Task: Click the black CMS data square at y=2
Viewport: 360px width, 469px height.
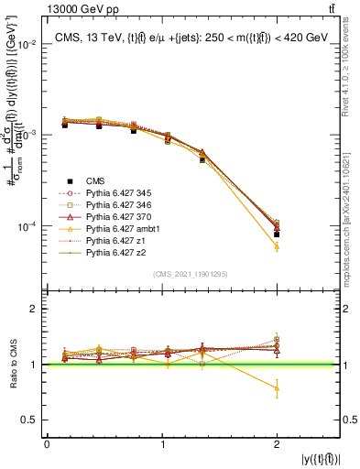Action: [x=277, y=234]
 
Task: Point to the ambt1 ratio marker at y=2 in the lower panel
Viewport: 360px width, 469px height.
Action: [x=277, y=388]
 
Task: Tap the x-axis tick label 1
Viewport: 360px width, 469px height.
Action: [x=162, y=442]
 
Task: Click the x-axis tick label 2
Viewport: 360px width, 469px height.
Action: [x=277, y=442]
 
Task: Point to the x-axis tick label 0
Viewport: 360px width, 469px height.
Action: [x=47, y=442]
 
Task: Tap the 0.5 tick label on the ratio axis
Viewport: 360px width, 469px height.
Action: [x=29, y=420]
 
